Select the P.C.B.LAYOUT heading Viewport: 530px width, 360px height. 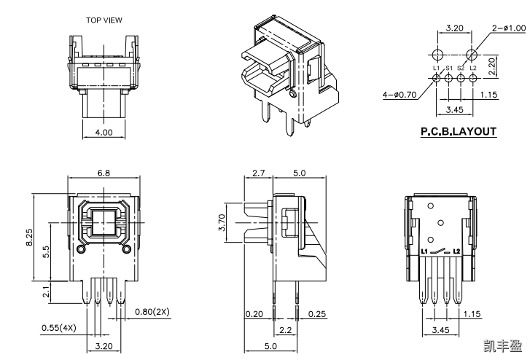(x=459, y=132)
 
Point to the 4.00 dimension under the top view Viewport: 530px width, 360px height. (x=104, y=133)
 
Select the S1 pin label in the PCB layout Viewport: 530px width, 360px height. (x=449, y=69)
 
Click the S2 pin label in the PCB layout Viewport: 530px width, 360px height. (x=461, y=69)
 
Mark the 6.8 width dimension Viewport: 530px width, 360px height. (x=104, y=173)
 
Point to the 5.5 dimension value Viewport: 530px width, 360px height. (x=47, y=252)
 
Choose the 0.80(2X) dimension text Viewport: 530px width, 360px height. (x=152, y=312)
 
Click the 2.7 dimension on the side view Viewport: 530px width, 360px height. (x=257, y=173)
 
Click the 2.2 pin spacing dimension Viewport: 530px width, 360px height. (x=285, y=330)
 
